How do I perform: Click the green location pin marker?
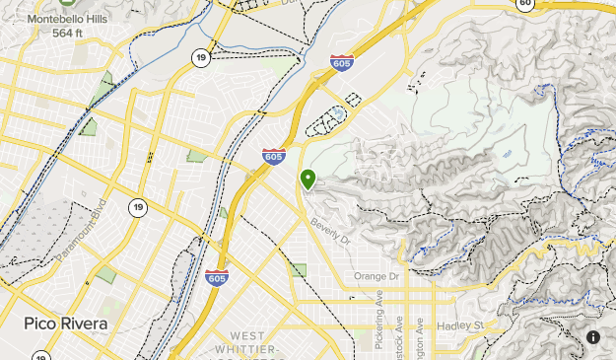(308, 179)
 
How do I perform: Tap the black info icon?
(593, 337)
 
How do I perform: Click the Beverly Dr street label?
(329, 232)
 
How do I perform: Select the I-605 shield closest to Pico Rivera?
(217, 278)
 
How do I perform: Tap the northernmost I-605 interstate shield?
(342, 62)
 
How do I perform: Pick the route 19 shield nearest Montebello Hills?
(200, 59)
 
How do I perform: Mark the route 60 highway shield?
(525, 4)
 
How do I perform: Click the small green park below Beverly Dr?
(298, 270)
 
